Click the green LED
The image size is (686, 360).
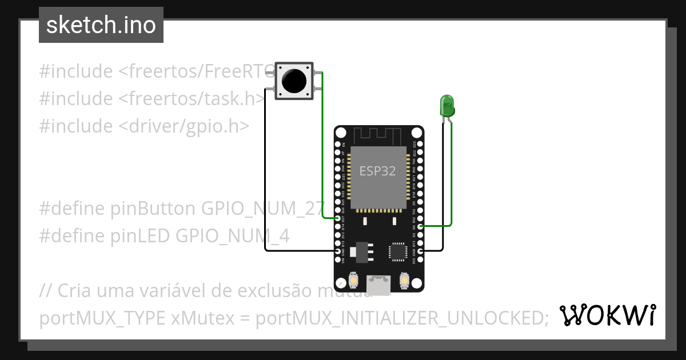click(x=447, y=105)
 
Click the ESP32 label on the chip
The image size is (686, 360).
click(x=377, y=171)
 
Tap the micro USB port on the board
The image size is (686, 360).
click(x=378, y=284)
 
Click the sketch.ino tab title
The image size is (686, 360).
click(x=101, y=25)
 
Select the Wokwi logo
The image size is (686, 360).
click(x=607, y=315)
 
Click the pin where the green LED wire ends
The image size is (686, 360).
click(x=421, y=226)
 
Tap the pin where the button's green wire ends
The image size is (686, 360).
click(x=337, y=218)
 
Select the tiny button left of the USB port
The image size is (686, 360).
click(x=353, y=281)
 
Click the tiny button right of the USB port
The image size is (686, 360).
click(x=404, y=281)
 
